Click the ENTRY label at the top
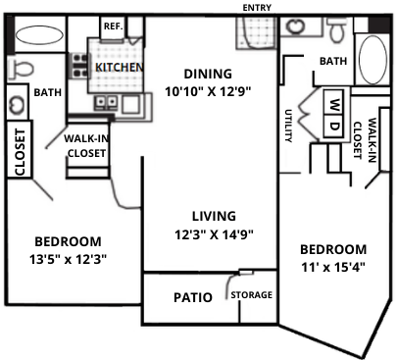[x=257, y=7]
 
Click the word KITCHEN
[x=119, y=67]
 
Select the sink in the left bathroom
[x=16, y=102]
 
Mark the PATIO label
[x=193, y=297]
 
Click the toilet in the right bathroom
[x=337, y=32]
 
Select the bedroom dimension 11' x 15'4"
[x=333, y=267]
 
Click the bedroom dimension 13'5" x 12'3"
[x=69, y=259]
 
